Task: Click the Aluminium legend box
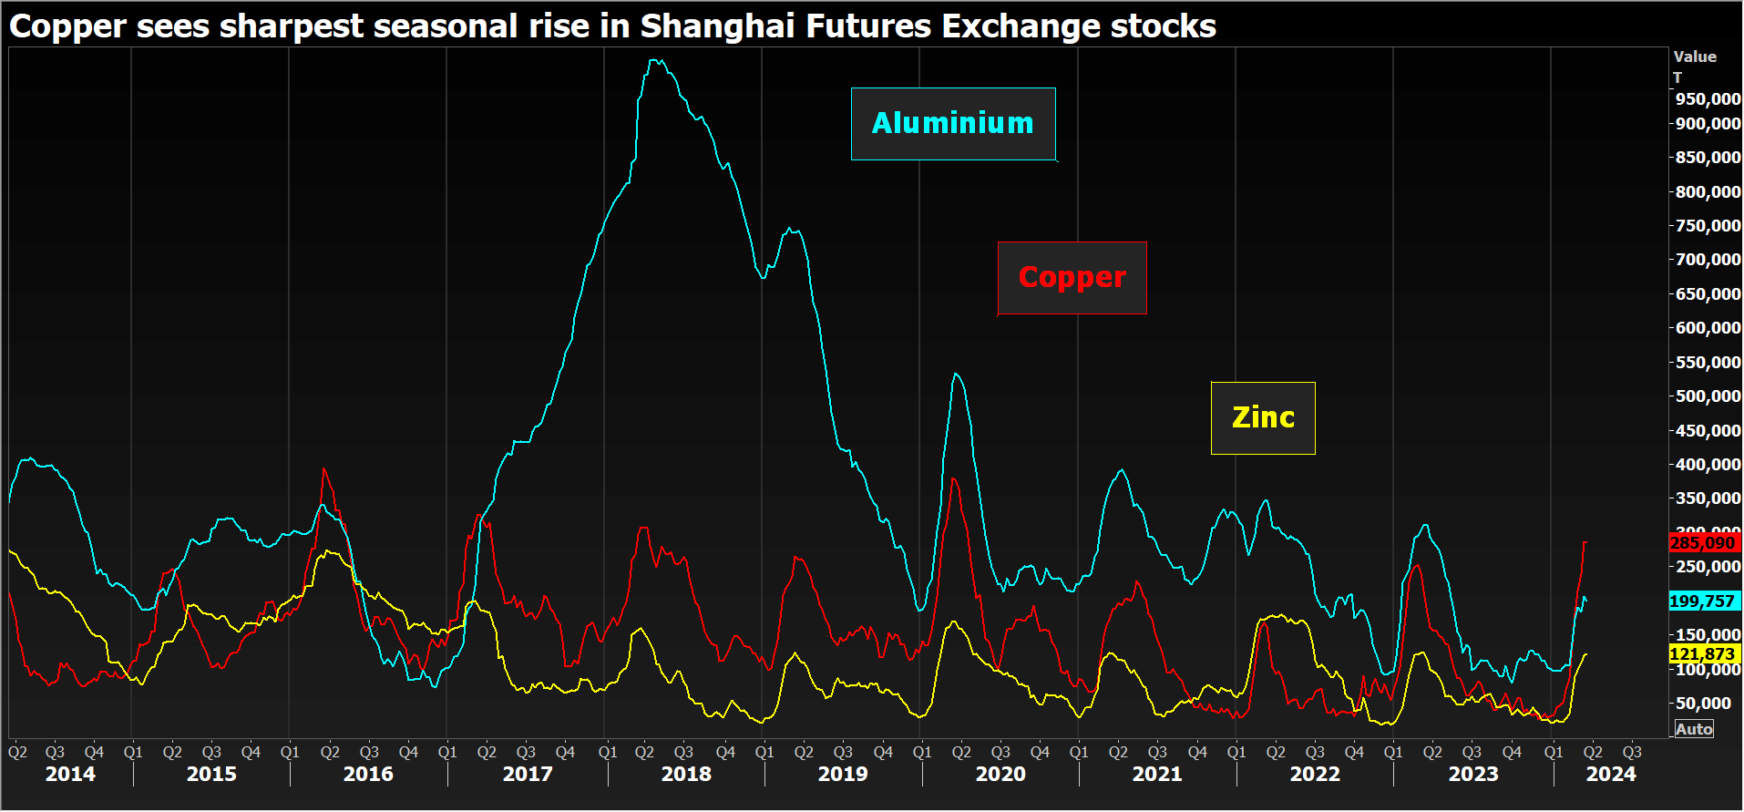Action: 953,124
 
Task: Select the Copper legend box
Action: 1072,278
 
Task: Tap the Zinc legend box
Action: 1263,418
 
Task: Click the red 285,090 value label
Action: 1702,543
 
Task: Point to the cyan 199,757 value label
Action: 1702,601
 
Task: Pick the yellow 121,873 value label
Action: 1702,654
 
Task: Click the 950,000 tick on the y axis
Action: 1708,99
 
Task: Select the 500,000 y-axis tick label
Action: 1708,396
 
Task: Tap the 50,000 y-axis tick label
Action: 1708,704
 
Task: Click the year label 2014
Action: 70,775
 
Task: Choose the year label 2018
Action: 686,775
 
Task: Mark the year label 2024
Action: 1611,775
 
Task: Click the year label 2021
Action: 1157,775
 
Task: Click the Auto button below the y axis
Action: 1694,729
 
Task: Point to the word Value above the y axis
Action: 1695,57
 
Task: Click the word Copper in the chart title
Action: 67,26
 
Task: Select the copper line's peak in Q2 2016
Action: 324,469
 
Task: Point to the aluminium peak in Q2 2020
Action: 955,374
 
